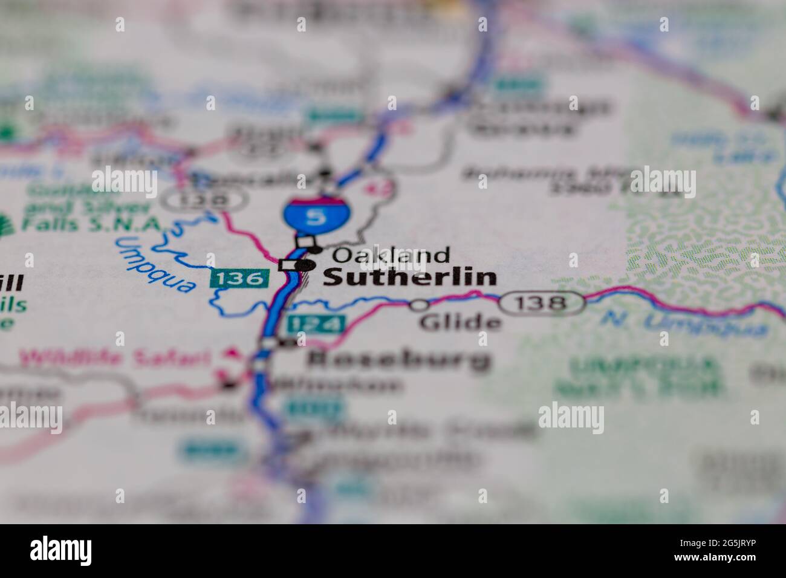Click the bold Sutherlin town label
click(409, 278)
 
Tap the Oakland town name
click(391, 255)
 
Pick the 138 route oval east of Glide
click(542, 302)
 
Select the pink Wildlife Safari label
click(114, 357)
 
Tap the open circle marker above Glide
click(418, 305)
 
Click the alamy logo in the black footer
click(61, 550)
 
